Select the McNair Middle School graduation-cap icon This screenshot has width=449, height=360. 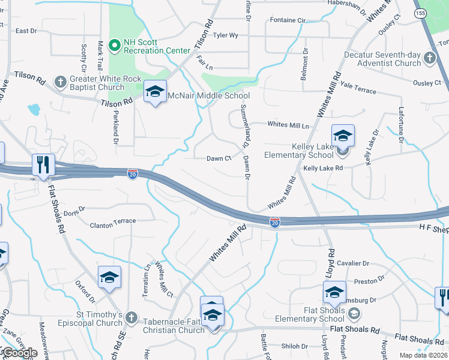[155, 92]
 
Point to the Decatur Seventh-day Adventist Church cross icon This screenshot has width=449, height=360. [429, 58]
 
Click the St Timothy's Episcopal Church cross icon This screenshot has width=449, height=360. [131, 317]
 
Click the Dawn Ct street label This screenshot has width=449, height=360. [219, 159]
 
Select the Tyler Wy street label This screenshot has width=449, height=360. [226, 35]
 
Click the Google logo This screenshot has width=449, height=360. [19, 353]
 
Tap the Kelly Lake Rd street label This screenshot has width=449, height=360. [323, 169]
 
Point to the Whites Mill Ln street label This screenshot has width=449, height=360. [288, 125]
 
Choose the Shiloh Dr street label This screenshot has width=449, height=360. [295, 346]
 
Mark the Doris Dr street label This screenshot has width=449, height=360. [75, 212]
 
